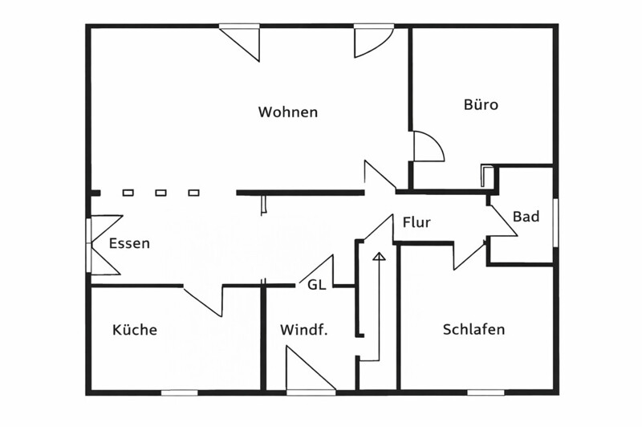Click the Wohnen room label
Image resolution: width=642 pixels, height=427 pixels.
point(287,112)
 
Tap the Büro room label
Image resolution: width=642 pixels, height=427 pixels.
point(481,104)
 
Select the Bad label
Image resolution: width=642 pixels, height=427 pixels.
point(526,217)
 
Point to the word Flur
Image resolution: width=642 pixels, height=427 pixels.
point(416,222)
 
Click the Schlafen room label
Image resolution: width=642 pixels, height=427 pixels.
point(473,330)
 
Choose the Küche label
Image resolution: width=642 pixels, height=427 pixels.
point(135,330)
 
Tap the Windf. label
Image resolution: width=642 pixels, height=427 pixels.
point(303,330)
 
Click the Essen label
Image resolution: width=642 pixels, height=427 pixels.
point(129,243)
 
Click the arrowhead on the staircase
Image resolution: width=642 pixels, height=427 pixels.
point(379,257)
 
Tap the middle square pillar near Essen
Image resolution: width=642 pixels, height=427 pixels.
point(160,193)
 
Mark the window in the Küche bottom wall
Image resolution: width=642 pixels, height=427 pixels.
point(179,392)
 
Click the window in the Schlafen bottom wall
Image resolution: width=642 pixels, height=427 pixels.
point(486,392)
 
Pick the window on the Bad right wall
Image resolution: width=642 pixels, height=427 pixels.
point(555,222)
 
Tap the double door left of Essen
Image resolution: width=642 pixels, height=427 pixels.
point(103,244)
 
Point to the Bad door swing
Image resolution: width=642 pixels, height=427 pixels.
point(501,221)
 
